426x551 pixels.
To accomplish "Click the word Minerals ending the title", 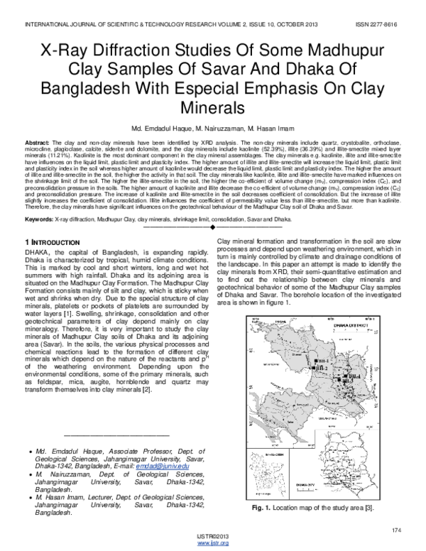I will [x=213, y=108].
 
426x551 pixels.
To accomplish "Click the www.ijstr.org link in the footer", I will [x=213, y=542].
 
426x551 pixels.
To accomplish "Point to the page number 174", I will [x=396, y=530].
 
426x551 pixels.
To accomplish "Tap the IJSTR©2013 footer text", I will [x=213, y=536].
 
